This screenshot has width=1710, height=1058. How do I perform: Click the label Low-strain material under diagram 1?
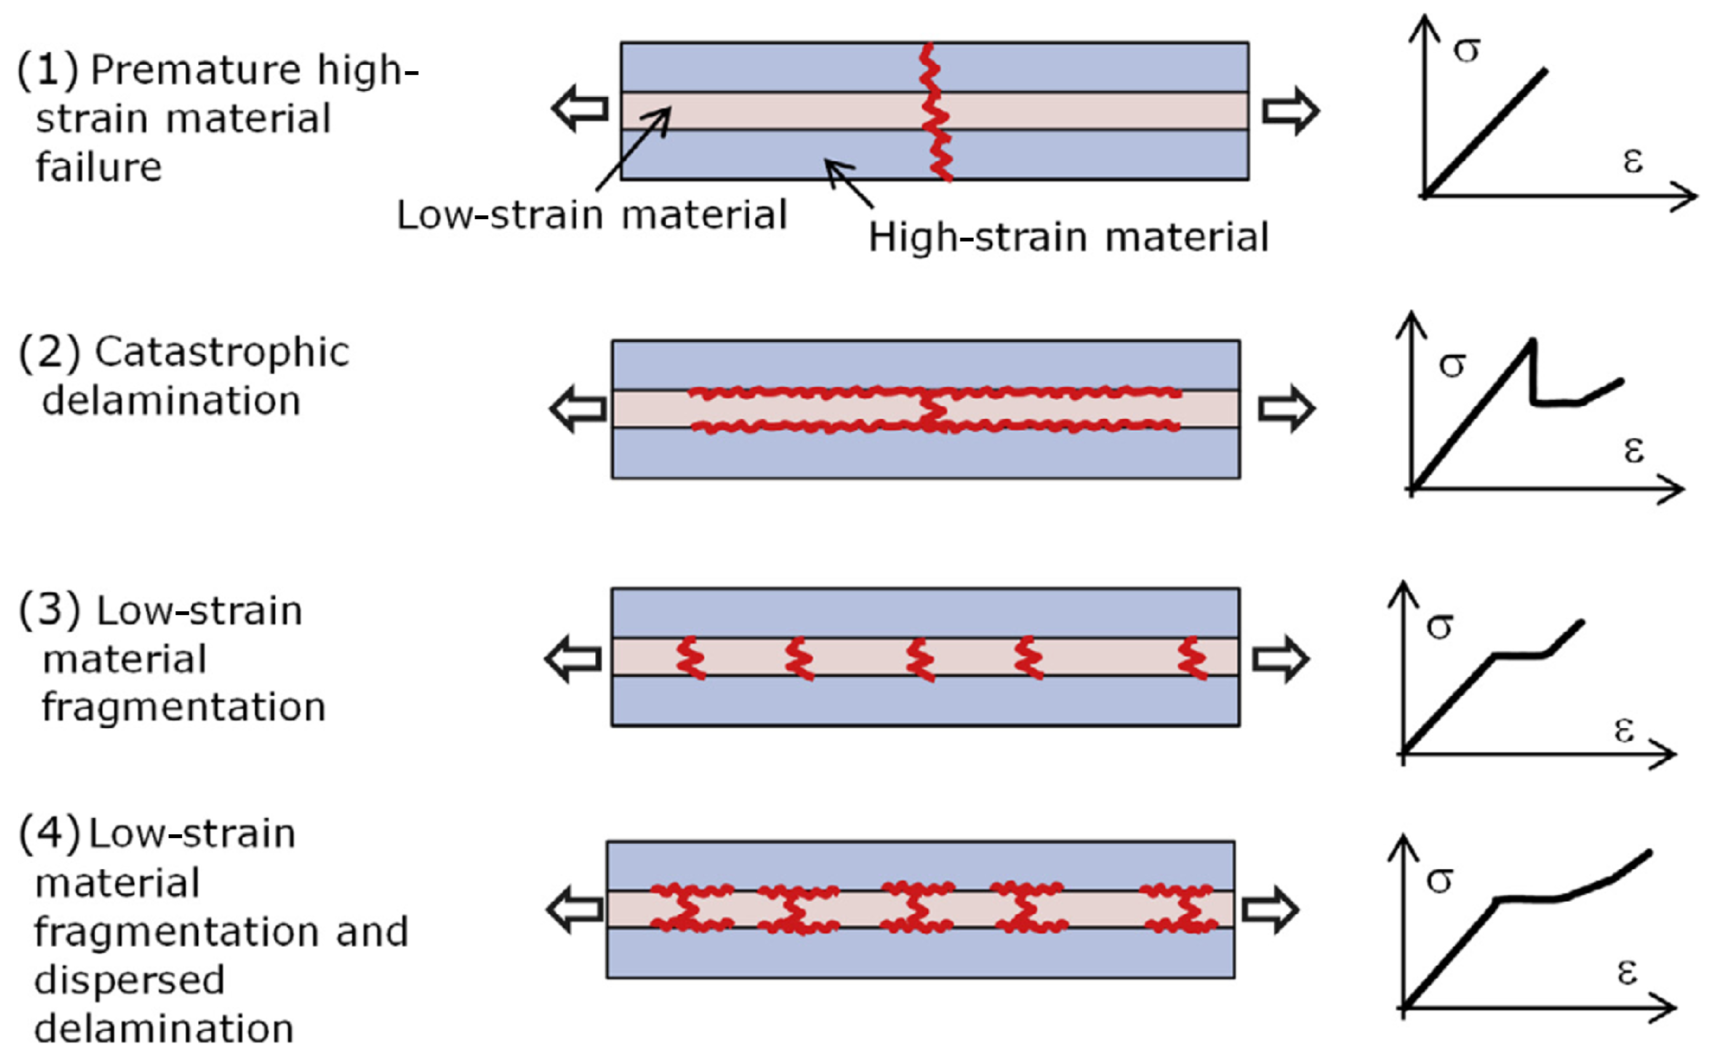tap(591, 214)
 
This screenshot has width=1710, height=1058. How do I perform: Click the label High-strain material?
tap(1068, 237)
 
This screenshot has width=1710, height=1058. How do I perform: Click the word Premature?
tap(196, 70)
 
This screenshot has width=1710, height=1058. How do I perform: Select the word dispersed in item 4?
tap(130, 980)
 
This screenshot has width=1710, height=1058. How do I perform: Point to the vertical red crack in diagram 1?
tap(936, 112)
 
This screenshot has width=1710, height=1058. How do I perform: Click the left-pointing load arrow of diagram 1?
tap(580, 109)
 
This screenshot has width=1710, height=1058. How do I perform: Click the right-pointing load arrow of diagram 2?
tap(1286, 409)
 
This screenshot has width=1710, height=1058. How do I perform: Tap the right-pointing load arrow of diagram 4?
tap(1270, 910)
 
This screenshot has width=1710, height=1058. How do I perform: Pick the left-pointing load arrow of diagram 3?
tap(573, 658)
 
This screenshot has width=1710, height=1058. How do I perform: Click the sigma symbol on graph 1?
tap(1467, 50)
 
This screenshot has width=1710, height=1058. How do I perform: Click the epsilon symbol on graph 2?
tap(1634, 450)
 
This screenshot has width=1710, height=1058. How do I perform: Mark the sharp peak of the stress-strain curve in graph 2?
tap(1532, 342)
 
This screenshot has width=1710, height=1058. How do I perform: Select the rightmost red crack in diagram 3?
tap(1192, 658)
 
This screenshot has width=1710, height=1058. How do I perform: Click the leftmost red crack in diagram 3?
tap(690, 658)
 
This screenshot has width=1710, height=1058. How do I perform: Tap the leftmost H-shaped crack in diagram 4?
tap(691, 908)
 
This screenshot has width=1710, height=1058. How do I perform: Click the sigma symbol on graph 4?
tap(1439, 879)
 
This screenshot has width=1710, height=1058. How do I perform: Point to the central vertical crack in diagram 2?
tap(931, 410)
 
